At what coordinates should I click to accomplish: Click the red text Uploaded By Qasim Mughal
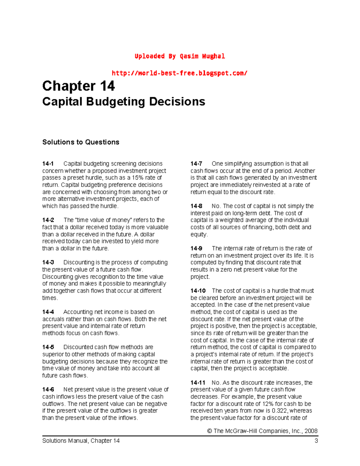[180, 56]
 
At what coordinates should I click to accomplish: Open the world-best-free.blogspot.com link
[179, 73]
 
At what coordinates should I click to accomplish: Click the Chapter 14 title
[78, 86]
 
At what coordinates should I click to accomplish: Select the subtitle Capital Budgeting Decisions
[124, 101]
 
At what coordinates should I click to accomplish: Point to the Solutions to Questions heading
[81, 142]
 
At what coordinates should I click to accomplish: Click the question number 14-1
[48, 164]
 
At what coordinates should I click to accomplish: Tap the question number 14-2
[48, 220]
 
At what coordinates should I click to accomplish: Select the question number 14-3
[48, 262]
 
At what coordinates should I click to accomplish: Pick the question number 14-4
[48, 312]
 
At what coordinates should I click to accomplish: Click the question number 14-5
[48, 347]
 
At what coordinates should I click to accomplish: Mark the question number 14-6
[48, 389]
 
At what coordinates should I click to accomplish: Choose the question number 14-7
[196, 164]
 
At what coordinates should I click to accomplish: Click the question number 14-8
[196, 206]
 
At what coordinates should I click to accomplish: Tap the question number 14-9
[196, 248]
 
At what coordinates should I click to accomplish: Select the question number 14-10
[198, 290]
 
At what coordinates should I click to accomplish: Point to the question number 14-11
[198, 383]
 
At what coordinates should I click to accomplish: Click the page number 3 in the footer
[316, 440]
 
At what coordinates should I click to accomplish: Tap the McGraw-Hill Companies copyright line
[262, 431]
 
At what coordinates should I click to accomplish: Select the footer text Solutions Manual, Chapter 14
[81, 440]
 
